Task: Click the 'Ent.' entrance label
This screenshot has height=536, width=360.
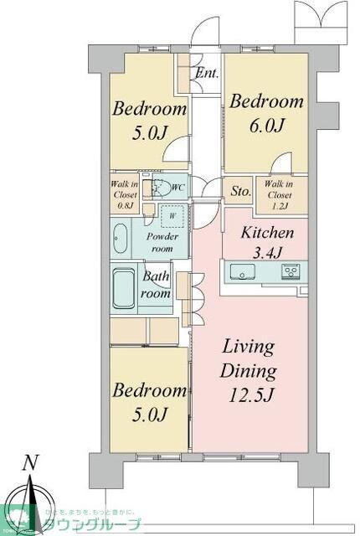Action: pyautogui.click(x=207, y=73)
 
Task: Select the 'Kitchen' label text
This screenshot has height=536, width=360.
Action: pyautogui.click(x=266, y=234)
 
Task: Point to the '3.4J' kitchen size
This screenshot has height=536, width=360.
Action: pyautogui.click(x=266, y=251)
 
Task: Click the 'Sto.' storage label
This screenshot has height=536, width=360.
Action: pyautogui.click(x=240, y=191)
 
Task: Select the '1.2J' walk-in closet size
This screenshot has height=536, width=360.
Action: pyautogui.click(x=280, y=201)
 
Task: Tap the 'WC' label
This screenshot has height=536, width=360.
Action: pyautogui.click(x=177, y=188)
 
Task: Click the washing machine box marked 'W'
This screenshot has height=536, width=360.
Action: pyautogui.click(x=172, y=216)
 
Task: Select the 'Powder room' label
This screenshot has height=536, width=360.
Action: pyautogui.click(x=163, y=242)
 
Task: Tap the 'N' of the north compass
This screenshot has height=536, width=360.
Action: pyautogui.click(x=30, y=461)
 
